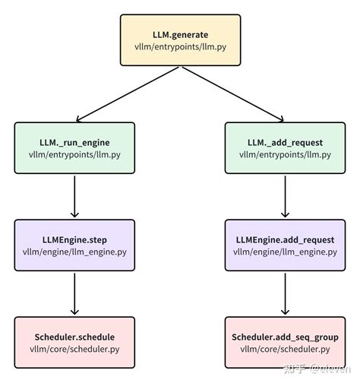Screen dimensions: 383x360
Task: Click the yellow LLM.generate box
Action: pyautogui.click(x=179, y=39)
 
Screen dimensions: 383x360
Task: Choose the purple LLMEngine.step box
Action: pyautogui.click(x=74, y=245)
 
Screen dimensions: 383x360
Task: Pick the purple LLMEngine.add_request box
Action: pyautogui.click(x=285, y=245)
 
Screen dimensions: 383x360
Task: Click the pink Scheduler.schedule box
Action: pyautogui.click(x=74, y=342)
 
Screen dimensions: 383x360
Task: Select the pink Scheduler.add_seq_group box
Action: pyautogui.click(x=285, y=342)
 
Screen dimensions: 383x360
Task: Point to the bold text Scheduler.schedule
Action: pyautogui.click(x=74, y=335)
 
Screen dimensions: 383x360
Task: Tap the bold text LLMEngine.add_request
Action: pyautogui.click(x=285, y=238)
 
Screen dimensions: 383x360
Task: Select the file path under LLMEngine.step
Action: pyautogui.click(x=74, y=252)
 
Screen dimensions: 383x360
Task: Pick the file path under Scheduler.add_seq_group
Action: pyautogui.click(x=285, y=350)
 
